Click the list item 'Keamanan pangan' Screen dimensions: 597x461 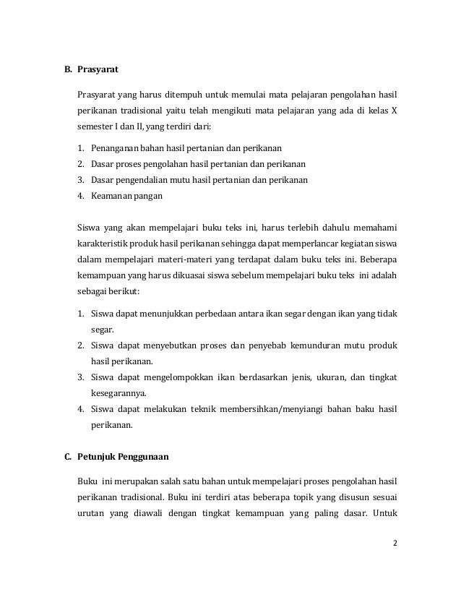point(126,196)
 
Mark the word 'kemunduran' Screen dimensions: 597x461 point(301,345)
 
